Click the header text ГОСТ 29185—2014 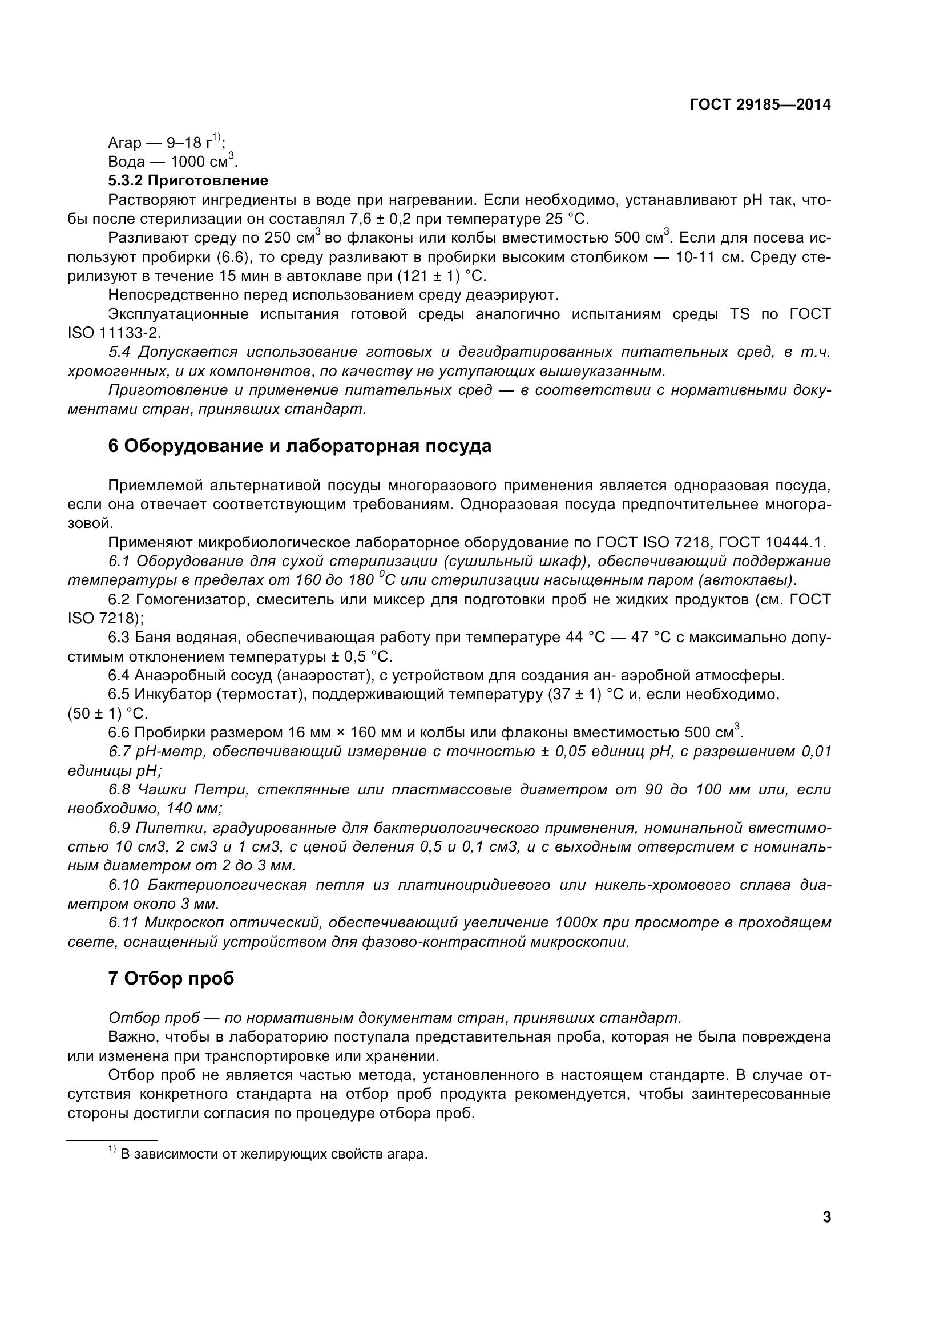click(x=760, y=104)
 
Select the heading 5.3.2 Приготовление click(x=188, y=180)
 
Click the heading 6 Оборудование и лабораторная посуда click(x=300, y=446)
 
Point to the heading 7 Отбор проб click(x=171, y=979)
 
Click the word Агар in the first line click(x=124, y=143)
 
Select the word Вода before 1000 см click(x=126, y=162)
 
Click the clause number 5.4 click(x=120, y=352)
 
